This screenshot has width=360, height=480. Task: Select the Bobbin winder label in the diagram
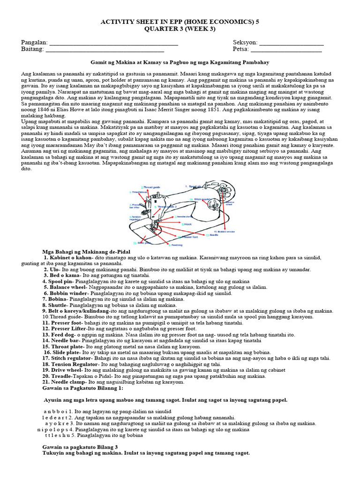click(223, 232)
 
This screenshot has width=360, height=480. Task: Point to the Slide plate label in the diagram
click(141, 243)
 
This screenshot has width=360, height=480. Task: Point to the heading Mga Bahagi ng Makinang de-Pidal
click(82, 251)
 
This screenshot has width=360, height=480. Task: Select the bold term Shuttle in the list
click(58, 305)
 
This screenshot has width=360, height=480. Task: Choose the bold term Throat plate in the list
click(62, 346)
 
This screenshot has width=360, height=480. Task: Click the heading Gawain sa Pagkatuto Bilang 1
click(82, 389)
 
